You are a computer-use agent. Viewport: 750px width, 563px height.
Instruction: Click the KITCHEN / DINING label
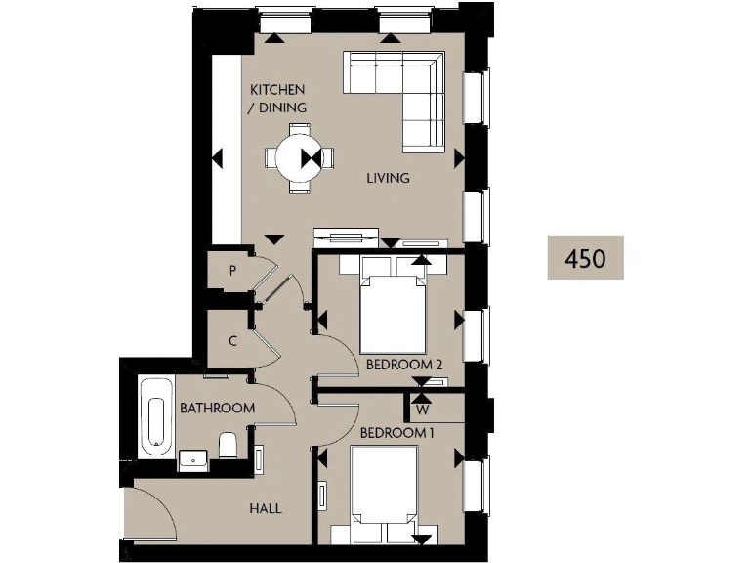277,99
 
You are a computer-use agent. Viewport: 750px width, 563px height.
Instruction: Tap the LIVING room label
388,178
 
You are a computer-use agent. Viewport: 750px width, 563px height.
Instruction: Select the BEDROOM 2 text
404,365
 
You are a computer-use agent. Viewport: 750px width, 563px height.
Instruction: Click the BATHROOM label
217,408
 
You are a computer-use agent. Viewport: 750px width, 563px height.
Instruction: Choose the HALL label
265,508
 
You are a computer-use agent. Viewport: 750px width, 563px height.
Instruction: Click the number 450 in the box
585,258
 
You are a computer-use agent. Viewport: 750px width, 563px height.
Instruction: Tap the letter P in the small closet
232,272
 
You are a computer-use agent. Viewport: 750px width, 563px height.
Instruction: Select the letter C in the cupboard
232,341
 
